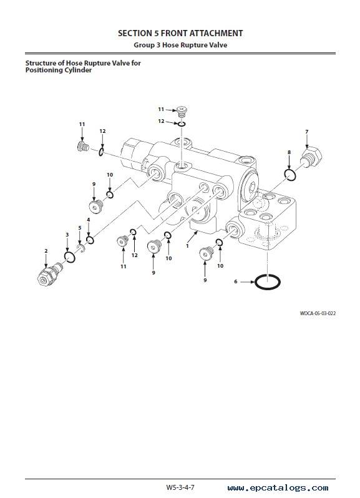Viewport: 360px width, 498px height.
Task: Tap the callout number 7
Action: click(307, 132)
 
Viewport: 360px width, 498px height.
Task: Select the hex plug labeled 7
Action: click(311, 157)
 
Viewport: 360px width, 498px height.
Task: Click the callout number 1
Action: click(187, 246)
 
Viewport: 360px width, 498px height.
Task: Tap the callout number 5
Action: click(80, 228)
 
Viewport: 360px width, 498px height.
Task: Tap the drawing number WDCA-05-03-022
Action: click(318, 313)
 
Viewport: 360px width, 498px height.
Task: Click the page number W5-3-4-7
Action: click(180, 487)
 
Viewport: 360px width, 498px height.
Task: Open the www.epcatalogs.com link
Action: click(278, 488)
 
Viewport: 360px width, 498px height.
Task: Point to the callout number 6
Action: click(236, 281)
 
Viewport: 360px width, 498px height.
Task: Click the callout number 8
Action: click(289, 152)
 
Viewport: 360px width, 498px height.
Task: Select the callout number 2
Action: click(46, 251)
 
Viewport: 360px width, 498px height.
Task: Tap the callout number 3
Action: click(67, 235)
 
